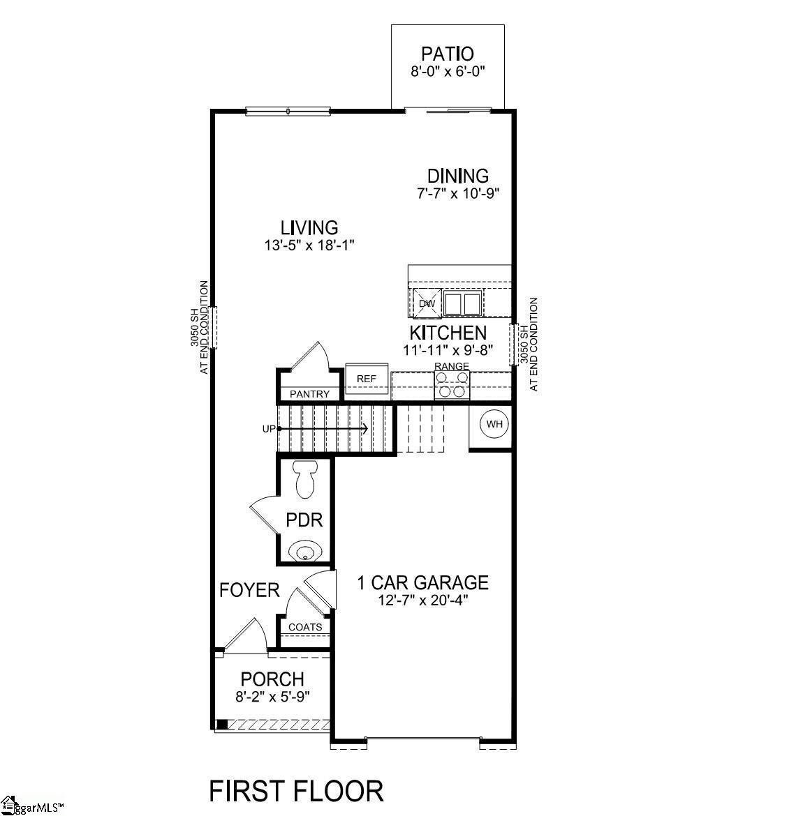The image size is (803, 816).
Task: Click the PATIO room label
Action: click(447, 54)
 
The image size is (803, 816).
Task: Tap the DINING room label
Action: click(457, 176)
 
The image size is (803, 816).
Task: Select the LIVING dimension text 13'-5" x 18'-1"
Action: click(309, 245)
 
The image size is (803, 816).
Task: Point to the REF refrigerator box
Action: click(367, 379)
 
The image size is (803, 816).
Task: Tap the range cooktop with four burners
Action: click(452, 385)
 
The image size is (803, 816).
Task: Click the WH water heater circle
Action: click(494, 424)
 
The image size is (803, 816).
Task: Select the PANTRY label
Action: click(309, 394)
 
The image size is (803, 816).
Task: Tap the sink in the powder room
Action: click(305, 552)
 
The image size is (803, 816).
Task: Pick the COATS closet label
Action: click(305, 627)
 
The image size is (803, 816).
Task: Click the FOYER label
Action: click(249, 590)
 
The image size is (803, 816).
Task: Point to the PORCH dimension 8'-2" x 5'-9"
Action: click(272, 695)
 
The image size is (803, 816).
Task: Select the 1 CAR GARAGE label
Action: click(422, 582)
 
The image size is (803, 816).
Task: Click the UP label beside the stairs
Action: click(269, 429)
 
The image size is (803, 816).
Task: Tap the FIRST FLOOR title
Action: click(297, 791)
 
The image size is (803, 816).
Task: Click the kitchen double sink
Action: click(462, 304)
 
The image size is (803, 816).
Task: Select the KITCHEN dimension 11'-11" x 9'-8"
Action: click(448, 350)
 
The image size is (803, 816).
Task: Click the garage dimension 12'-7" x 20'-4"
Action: click(422, 600)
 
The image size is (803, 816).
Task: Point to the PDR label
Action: click(304, 520)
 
